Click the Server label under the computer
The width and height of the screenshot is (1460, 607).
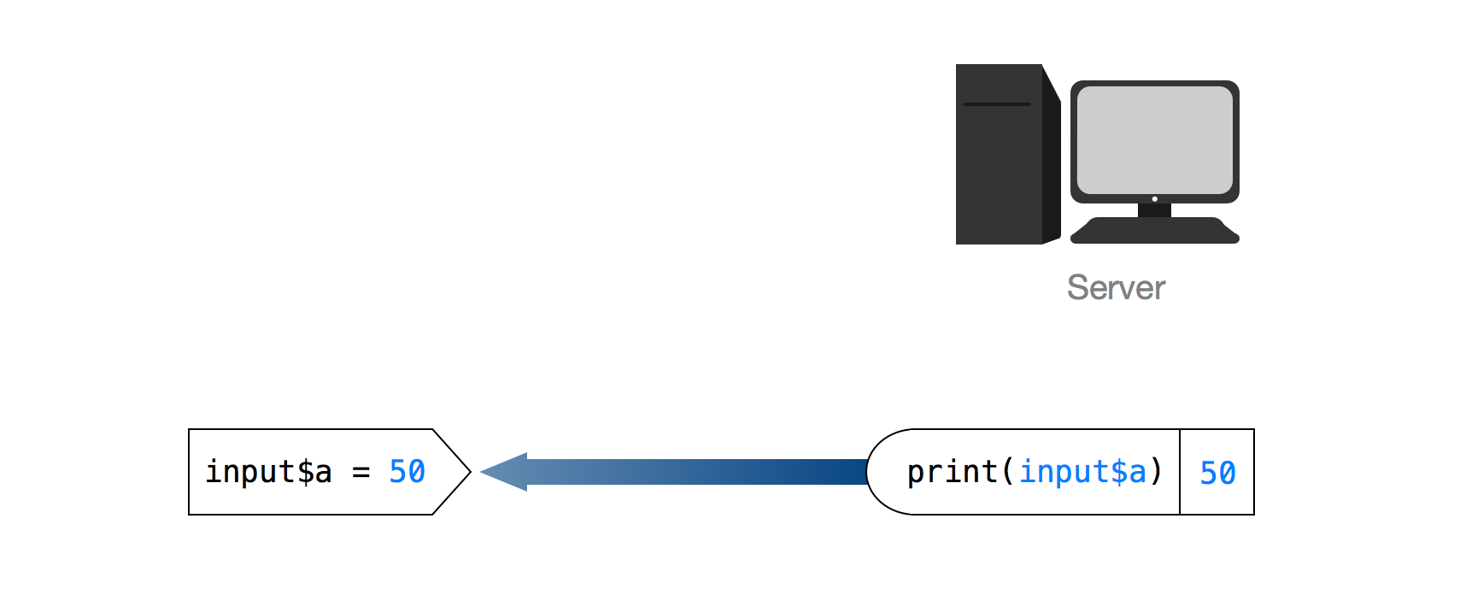point(1116,288)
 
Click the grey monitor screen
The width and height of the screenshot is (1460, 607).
point(1154,139)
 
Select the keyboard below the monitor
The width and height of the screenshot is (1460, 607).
point(1154,231)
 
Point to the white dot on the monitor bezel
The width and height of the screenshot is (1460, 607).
point(1155,199)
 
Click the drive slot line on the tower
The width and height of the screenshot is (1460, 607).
point(996,104)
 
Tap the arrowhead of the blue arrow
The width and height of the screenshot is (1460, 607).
point(504,472)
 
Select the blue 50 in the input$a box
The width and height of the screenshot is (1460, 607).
point(407,472)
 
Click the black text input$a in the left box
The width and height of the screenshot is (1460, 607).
point(268,472)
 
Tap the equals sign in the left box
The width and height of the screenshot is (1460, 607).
point(361,472)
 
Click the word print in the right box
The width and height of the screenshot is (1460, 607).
point(952,472)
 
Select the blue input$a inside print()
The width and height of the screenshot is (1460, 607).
point(1082,472)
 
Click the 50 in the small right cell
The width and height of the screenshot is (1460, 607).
point(1217,473)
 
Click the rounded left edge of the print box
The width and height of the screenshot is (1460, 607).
point(869,472)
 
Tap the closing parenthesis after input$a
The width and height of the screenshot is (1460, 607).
point(1157,472)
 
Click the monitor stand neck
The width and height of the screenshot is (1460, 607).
point(1154,209)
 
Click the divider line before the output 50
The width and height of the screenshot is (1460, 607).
point(1180,472)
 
